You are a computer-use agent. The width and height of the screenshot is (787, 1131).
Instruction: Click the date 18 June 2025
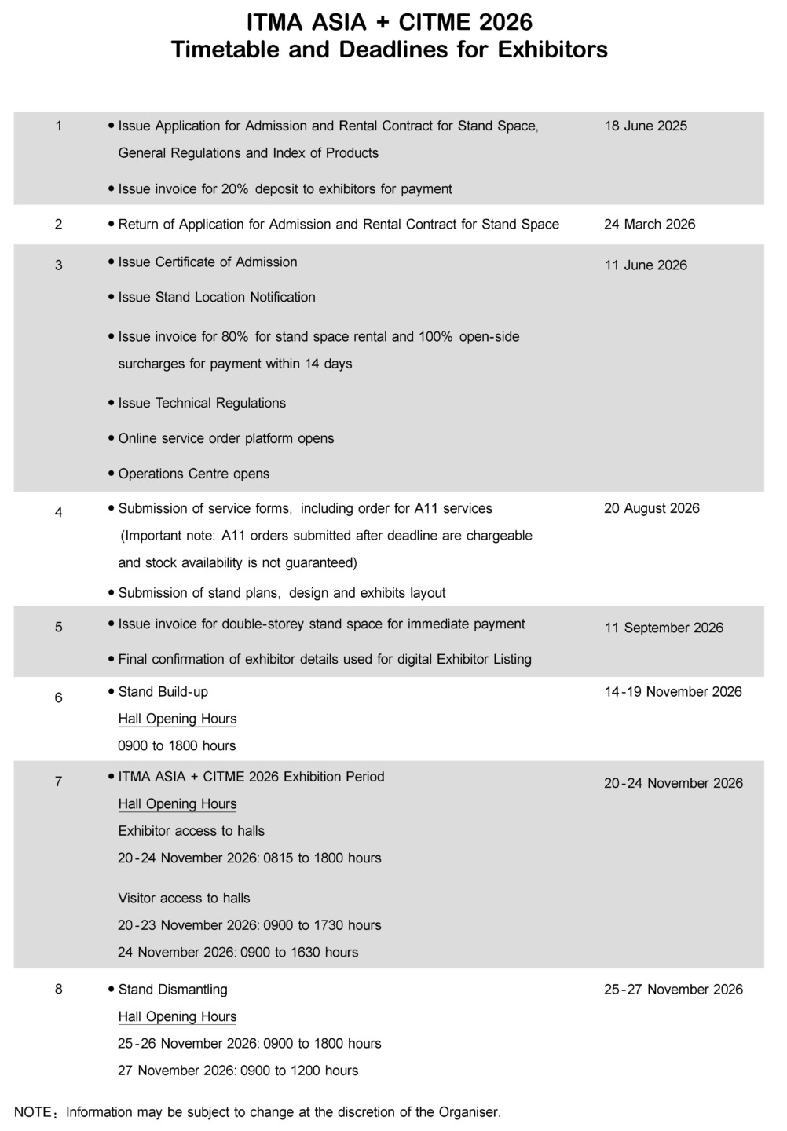645,126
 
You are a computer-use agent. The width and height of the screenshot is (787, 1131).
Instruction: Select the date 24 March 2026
650,225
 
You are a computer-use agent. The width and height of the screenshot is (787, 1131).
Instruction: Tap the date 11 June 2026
645,265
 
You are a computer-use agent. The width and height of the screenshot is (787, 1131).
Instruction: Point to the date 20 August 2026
651,508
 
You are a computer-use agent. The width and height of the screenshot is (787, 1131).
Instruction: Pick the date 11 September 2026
664,628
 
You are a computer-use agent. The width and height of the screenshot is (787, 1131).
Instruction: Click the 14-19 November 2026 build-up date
672,692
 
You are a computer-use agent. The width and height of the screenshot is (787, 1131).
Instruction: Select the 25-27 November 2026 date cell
673,990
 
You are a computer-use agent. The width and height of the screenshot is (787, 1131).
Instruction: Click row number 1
59,126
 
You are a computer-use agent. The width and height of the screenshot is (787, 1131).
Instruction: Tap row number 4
59,513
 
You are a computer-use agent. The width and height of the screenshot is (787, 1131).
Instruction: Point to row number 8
59,990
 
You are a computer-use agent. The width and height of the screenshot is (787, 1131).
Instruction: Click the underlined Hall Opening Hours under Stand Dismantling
177,1017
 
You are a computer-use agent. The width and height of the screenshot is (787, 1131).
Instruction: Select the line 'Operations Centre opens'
193,474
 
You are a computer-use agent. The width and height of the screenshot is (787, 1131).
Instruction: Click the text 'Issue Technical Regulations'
202,403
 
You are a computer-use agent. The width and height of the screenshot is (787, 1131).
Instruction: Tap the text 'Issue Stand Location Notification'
216,297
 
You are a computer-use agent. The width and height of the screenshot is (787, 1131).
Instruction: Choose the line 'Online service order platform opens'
225,438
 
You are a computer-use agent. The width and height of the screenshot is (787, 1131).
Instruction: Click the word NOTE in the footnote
32,1112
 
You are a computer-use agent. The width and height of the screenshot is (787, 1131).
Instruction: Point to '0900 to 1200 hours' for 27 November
298,1071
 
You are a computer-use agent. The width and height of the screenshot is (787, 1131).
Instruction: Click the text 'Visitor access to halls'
184,898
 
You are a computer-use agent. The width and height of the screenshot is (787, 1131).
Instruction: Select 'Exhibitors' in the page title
553,49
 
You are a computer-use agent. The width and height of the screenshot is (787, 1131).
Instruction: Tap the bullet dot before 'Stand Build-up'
111,692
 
